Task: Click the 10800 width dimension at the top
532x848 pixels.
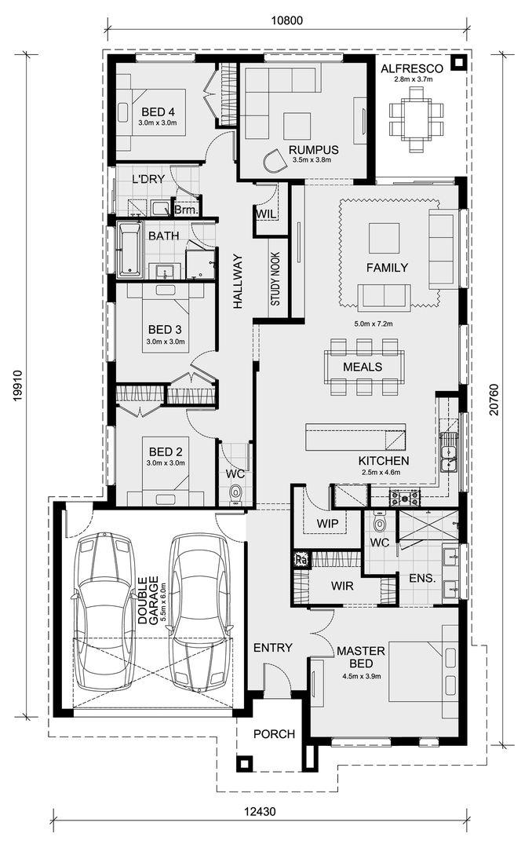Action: click(x=286, y=20)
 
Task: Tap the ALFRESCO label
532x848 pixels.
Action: click(x=412, y=68)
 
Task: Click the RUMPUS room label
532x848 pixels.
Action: click(x=314, y=150)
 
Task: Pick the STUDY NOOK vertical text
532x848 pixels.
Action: click(x=275, y=279)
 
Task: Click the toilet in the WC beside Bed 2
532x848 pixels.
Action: click(x=235, y=493)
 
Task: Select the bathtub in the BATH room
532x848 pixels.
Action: click(x=129, y=250)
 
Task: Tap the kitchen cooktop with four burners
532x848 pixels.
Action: click(x=405, y=496)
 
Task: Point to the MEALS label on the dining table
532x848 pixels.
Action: click(x=363, y=367)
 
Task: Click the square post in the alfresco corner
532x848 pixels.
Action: click(x=458, y=63)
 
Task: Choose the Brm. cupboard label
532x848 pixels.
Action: click(x=187, y=210)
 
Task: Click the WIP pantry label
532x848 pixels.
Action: click(x=327, y=524)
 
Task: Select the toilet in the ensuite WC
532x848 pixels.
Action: click(x=380, y=522)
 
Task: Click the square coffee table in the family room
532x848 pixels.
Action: click(x=384, y=238)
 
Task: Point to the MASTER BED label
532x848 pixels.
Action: click(x=361, y=657)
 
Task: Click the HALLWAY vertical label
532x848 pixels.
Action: click(x=239, y=281)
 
